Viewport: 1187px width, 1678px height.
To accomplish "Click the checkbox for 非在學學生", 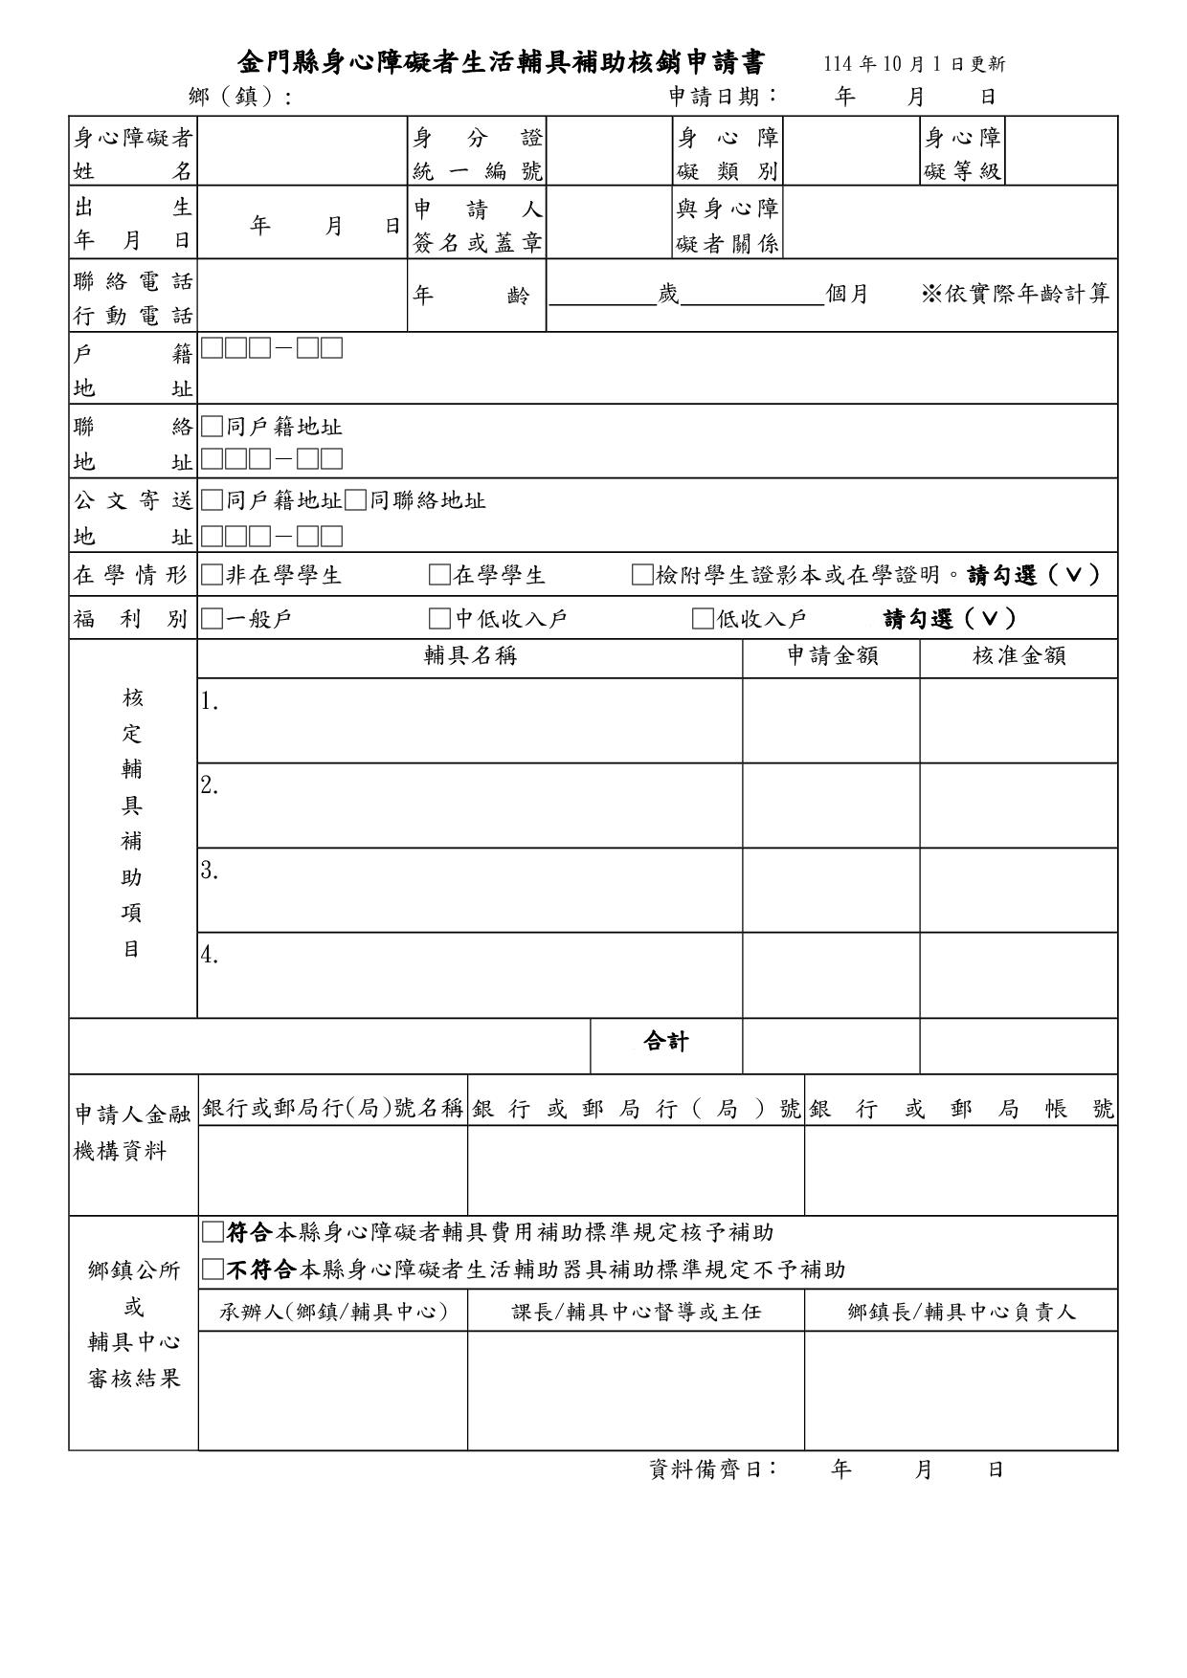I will (212, 575).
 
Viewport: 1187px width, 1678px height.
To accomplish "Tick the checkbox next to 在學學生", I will (439, 575).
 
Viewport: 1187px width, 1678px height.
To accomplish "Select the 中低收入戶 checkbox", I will (439, 619).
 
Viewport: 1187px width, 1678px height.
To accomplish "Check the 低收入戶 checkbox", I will (703, 619).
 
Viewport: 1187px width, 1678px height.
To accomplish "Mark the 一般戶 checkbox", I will (212, 619).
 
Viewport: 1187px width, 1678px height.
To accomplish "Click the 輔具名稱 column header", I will (470, 656).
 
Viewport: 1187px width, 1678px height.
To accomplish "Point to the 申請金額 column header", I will (832, 656).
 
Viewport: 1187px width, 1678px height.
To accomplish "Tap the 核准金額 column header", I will (1019, 656).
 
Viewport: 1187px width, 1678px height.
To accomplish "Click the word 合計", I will (666, 1042).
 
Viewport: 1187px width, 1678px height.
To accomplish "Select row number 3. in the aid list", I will (211, 872).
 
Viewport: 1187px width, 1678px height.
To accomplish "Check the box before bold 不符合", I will (212, 1270).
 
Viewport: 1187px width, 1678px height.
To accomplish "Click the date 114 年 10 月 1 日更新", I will (914, 64).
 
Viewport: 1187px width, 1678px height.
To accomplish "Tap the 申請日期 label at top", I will (723, 97).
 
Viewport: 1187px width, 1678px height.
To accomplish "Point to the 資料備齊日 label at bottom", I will (712, 1469).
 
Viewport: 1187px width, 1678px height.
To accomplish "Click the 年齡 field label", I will (470, 296).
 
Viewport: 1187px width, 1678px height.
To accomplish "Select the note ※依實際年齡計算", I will (1015, 295).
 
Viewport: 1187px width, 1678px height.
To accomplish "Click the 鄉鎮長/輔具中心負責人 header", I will (961, 1312).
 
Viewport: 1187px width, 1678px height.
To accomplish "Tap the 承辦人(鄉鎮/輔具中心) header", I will (333, 1312).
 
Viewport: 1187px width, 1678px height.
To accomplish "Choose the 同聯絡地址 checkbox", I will (356, 500).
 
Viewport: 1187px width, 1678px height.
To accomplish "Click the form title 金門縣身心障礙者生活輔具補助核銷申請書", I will (502, 63).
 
